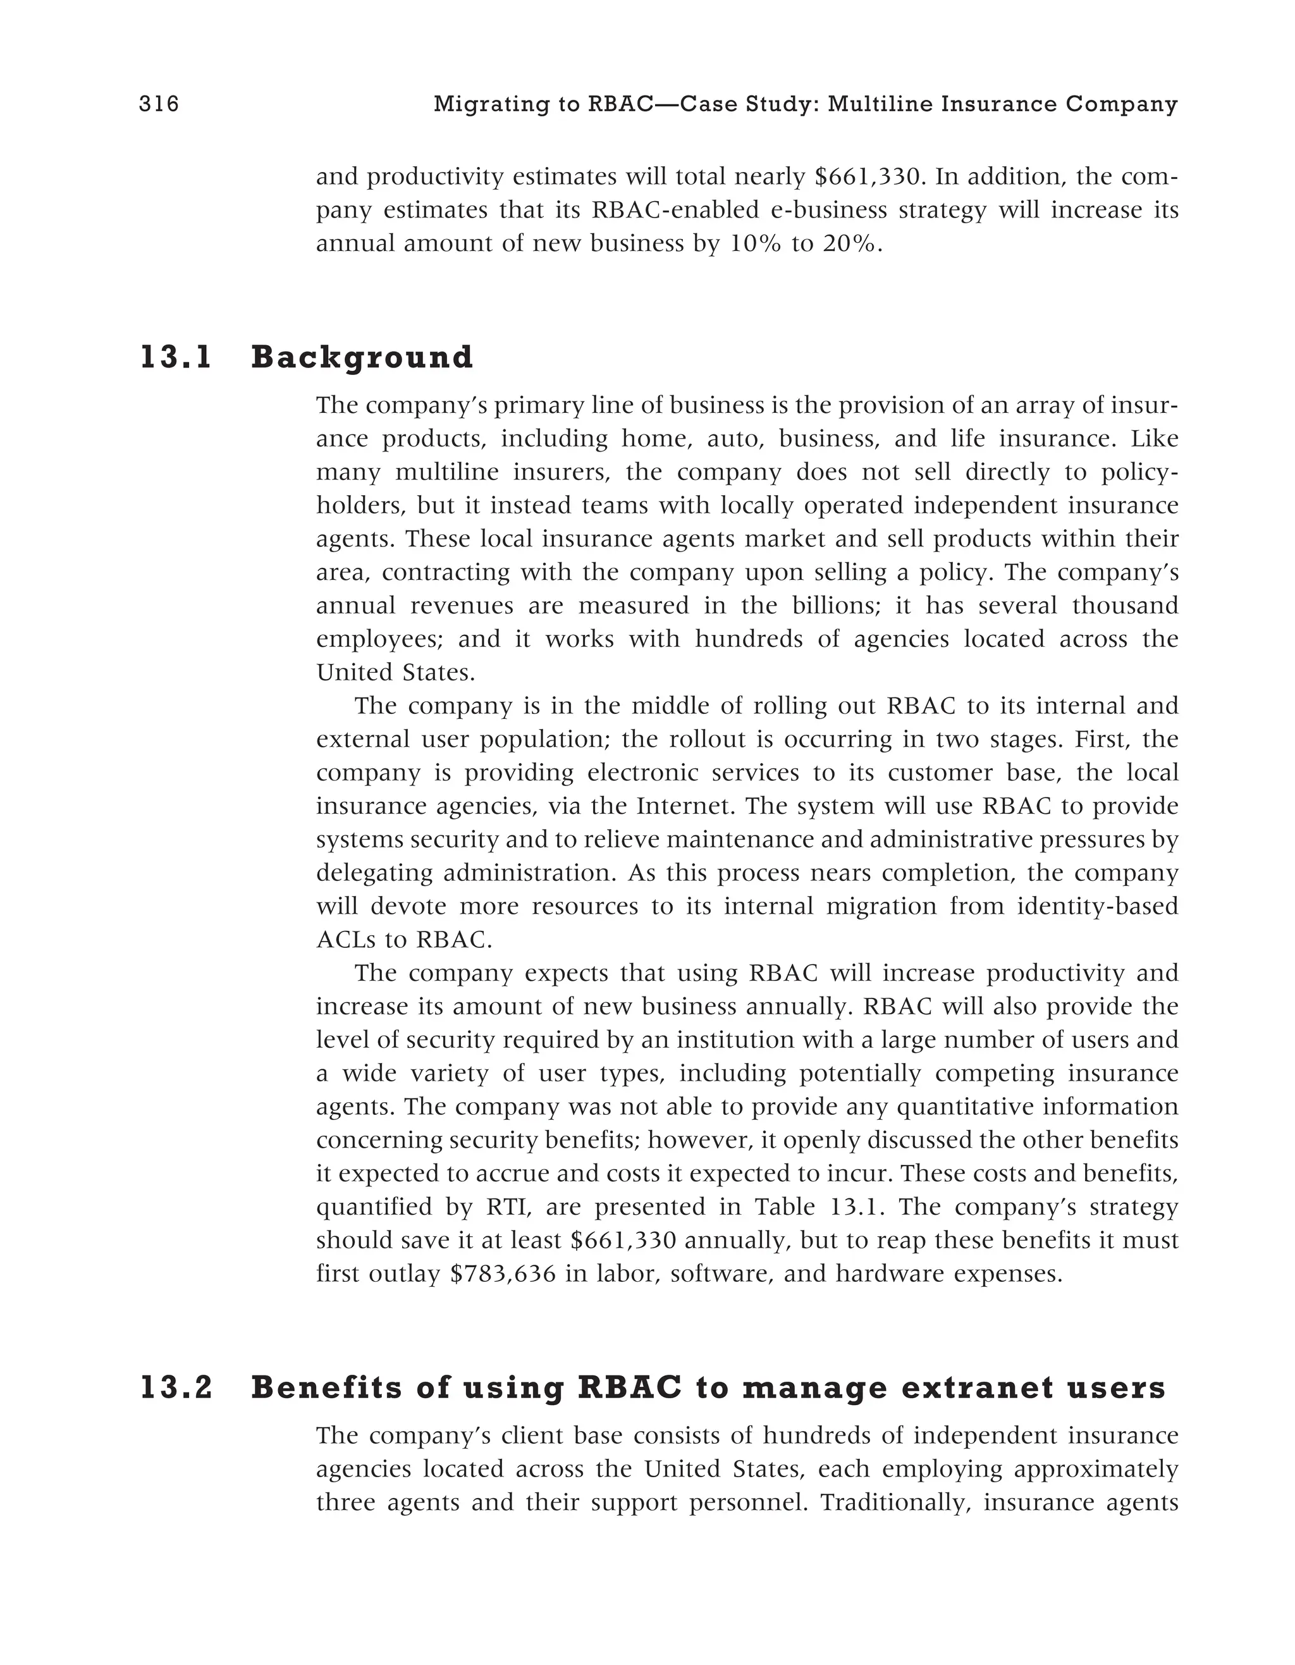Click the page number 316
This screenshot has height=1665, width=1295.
pos(159,104)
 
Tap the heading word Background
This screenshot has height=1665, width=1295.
pos(362,357)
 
